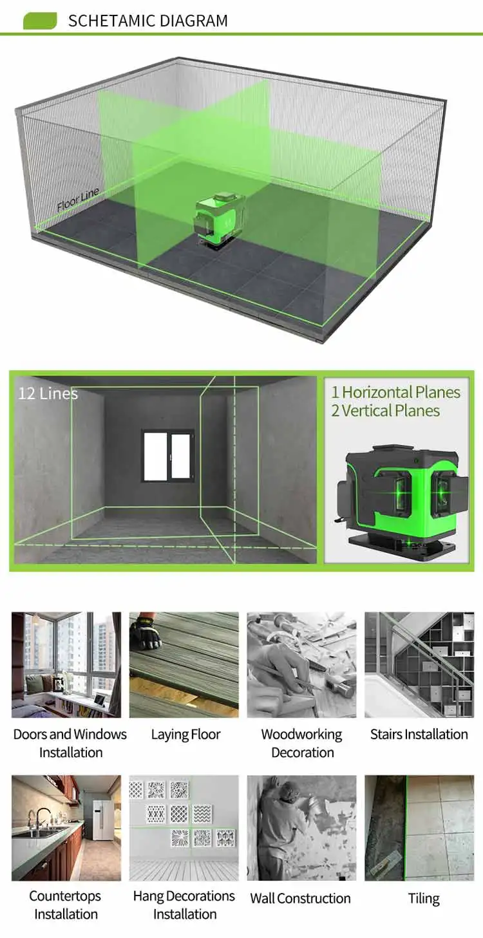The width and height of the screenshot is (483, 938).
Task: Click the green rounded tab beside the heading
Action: coord(40,21)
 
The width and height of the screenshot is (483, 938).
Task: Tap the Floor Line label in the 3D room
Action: coord(78,200)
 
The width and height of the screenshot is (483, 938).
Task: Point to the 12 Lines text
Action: coord(48,393)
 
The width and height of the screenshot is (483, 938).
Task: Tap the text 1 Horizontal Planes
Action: coord(396,392)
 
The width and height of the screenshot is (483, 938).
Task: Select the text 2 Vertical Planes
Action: coord(385,411)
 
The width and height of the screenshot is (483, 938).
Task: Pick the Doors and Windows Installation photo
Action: coord(66,664)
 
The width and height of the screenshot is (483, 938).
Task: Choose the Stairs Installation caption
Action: coord(419,734)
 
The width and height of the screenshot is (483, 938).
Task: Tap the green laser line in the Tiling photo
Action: coord(406,828)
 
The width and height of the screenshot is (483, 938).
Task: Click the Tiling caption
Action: coord(424,898)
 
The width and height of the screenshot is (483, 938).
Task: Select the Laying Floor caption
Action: coord(185,735)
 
